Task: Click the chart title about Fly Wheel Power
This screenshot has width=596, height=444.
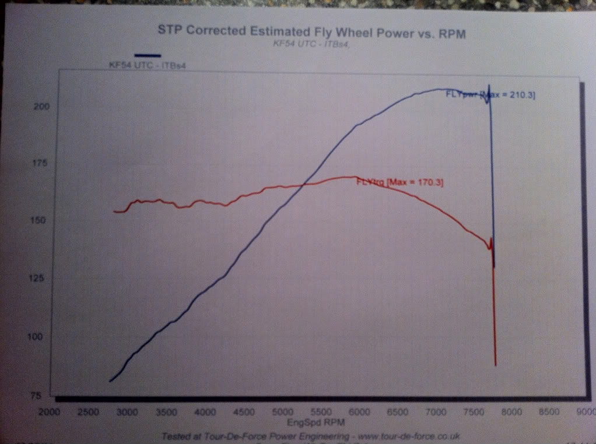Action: click(x=312, y=33)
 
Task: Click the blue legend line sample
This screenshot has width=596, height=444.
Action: click(x=147, y=55)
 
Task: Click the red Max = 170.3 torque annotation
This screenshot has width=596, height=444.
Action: click(x=400, y=183)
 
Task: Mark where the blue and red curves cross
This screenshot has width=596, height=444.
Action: click(x=303, y=185)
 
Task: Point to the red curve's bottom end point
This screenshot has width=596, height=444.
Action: click(x=496, y=365)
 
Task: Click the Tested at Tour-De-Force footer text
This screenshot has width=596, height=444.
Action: click(x=301, y=435)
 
